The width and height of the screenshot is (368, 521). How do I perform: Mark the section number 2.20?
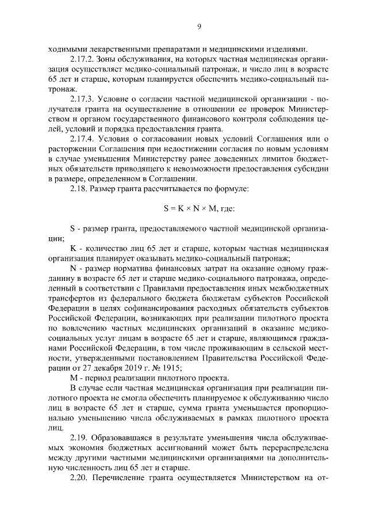(79, 485)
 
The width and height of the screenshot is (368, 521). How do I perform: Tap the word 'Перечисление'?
(126, 485)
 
